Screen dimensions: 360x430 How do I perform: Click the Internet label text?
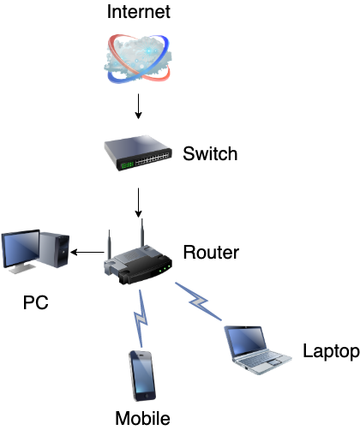139,12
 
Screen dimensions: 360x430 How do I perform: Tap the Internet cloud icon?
138,59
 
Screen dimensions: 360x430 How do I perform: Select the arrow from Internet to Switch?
138,106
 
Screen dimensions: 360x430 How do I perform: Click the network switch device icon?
138,152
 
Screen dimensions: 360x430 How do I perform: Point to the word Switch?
210,153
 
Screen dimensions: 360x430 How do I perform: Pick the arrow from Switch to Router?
138,203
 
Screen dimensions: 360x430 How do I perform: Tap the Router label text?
211,253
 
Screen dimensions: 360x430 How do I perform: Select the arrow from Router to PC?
87,252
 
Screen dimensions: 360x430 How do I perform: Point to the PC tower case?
54,249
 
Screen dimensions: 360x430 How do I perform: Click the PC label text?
36,302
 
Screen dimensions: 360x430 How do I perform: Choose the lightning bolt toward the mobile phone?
141,319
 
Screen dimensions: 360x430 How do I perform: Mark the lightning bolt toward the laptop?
198,302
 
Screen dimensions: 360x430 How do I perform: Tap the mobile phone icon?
142,375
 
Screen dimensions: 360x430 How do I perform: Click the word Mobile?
142,418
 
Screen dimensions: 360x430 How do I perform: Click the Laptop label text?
331,351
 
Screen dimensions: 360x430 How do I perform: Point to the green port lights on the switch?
127,165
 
